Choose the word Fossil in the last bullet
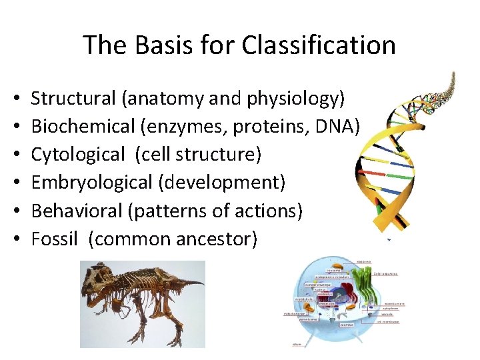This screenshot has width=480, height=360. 55,239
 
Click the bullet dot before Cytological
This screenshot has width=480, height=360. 16,155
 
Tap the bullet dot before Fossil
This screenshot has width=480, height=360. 16,239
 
